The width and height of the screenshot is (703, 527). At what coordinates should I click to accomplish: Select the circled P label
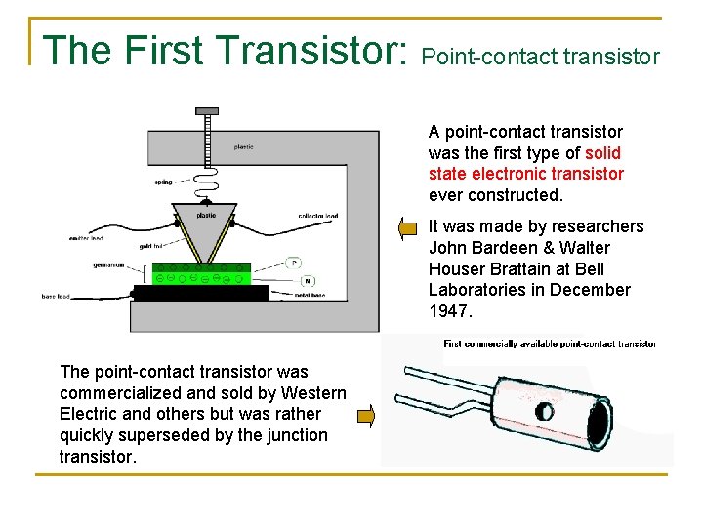292,263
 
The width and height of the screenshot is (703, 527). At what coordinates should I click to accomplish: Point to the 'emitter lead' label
87,237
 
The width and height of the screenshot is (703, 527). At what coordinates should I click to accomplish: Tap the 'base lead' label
56,295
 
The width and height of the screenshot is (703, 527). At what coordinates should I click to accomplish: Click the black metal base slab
200,292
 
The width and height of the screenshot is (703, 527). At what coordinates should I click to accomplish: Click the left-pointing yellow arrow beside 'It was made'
407,228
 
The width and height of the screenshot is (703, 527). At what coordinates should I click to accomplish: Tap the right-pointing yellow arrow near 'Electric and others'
365,418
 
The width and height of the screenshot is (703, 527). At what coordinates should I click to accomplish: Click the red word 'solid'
602,152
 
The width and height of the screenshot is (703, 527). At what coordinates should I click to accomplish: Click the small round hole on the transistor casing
545,412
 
